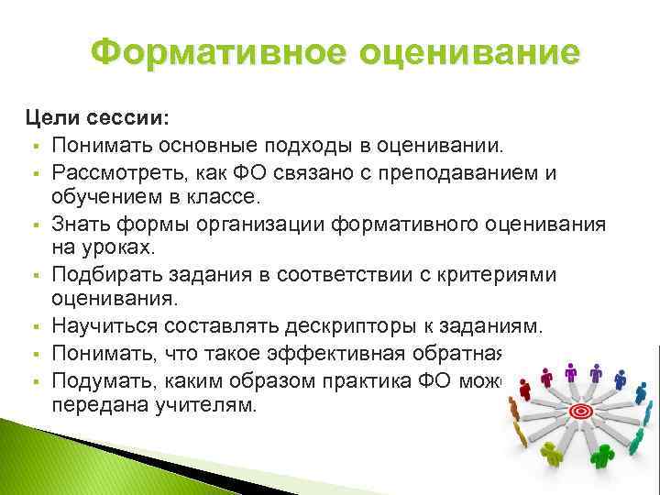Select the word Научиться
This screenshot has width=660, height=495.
[99, 324]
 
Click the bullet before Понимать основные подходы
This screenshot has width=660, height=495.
[33, 148]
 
